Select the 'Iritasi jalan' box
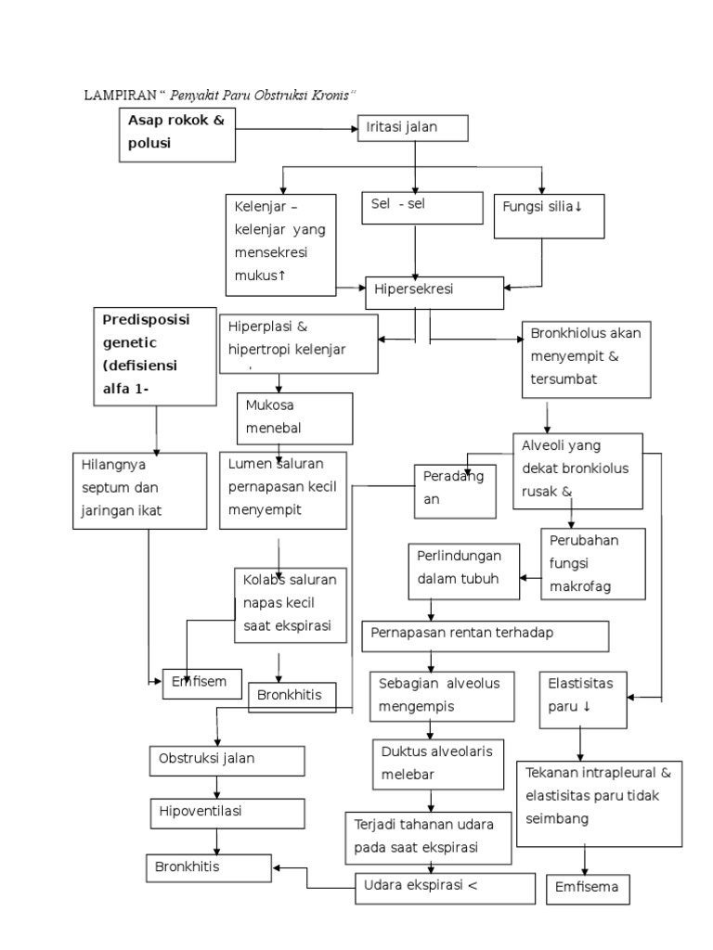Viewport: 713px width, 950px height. coord(412,128)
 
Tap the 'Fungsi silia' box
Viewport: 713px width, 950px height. coord(550,215)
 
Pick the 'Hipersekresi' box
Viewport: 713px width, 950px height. coord(434,291)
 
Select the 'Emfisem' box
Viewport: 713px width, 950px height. coord(202,682)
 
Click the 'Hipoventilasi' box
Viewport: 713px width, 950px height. coord(227,812)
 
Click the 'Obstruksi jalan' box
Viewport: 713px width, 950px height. coord(227,759)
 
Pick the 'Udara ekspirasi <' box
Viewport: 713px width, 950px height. coord(445,886)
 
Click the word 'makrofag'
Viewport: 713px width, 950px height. coord(581,587)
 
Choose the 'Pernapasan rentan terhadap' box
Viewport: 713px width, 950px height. coord(485,635)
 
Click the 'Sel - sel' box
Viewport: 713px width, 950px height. coord(422,208)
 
